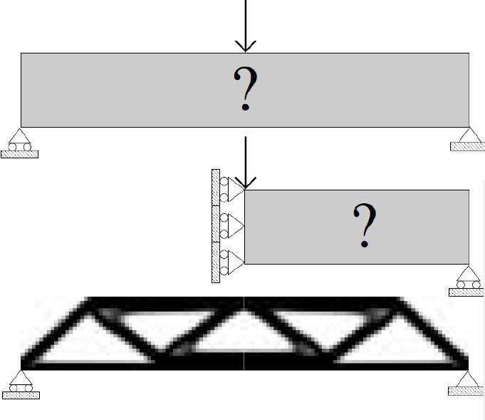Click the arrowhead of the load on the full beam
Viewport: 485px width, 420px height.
245,46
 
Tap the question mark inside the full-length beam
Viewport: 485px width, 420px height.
246,88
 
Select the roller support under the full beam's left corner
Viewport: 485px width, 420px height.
19,140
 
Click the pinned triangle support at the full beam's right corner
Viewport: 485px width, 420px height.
469,135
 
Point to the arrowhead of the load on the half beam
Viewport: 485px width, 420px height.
245,183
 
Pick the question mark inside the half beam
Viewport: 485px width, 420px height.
365,225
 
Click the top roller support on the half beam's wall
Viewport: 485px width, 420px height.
232,190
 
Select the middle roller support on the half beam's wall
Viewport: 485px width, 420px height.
232,226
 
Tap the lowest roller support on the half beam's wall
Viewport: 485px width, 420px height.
232,262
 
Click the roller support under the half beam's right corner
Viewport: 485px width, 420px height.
469,277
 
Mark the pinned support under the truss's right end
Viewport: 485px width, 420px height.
468,379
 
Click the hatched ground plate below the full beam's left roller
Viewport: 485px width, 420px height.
19,154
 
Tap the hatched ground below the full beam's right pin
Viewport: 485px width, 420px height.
468,146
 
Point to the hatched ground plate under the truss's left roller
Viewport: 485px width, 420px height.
21,395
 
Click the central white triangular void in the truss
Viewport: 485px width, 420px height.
244,334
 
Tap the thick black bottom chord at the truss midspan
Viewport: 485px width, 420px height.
244,361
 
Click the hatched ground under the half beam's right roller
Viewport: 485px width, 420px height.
466,292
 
